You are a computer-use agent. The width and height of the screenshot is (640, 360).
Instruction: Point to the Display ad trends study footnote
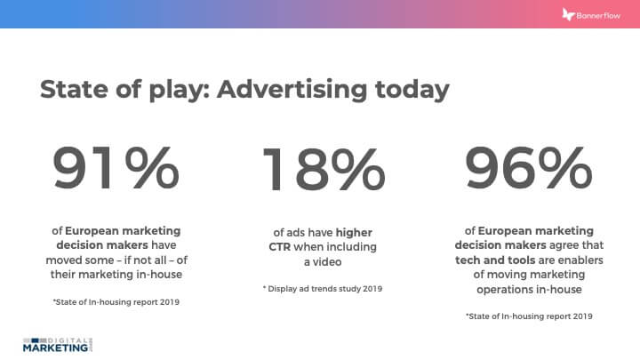pyautogui.click(x=320, y=289)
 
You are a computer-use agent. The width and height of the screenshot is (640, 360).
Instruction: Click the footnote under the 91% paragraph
pyautogui.click(x=116, y=303)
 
